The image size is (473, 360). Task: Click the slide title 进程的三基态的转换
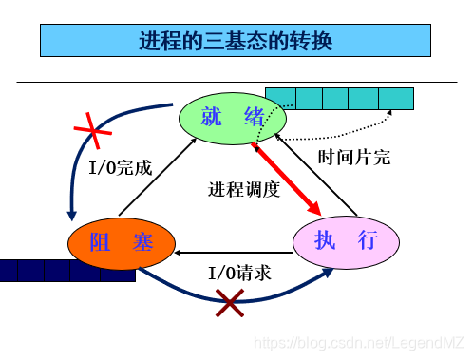coord(236,41)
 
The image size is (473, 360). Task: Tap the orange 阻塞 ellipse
coord(122,244)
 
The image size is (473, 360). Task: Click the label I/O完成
coord(120,168)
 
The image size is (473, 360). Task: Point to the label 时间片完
coord(354,158)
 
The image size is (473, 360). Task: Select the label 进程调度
coord(245,189)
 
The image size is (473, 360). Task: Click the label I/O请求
coord(239,273)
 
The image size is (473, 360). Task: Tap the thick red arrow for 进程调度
coord(287,178)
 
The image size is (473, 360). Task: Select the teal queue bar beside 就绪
coord(339,98)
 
